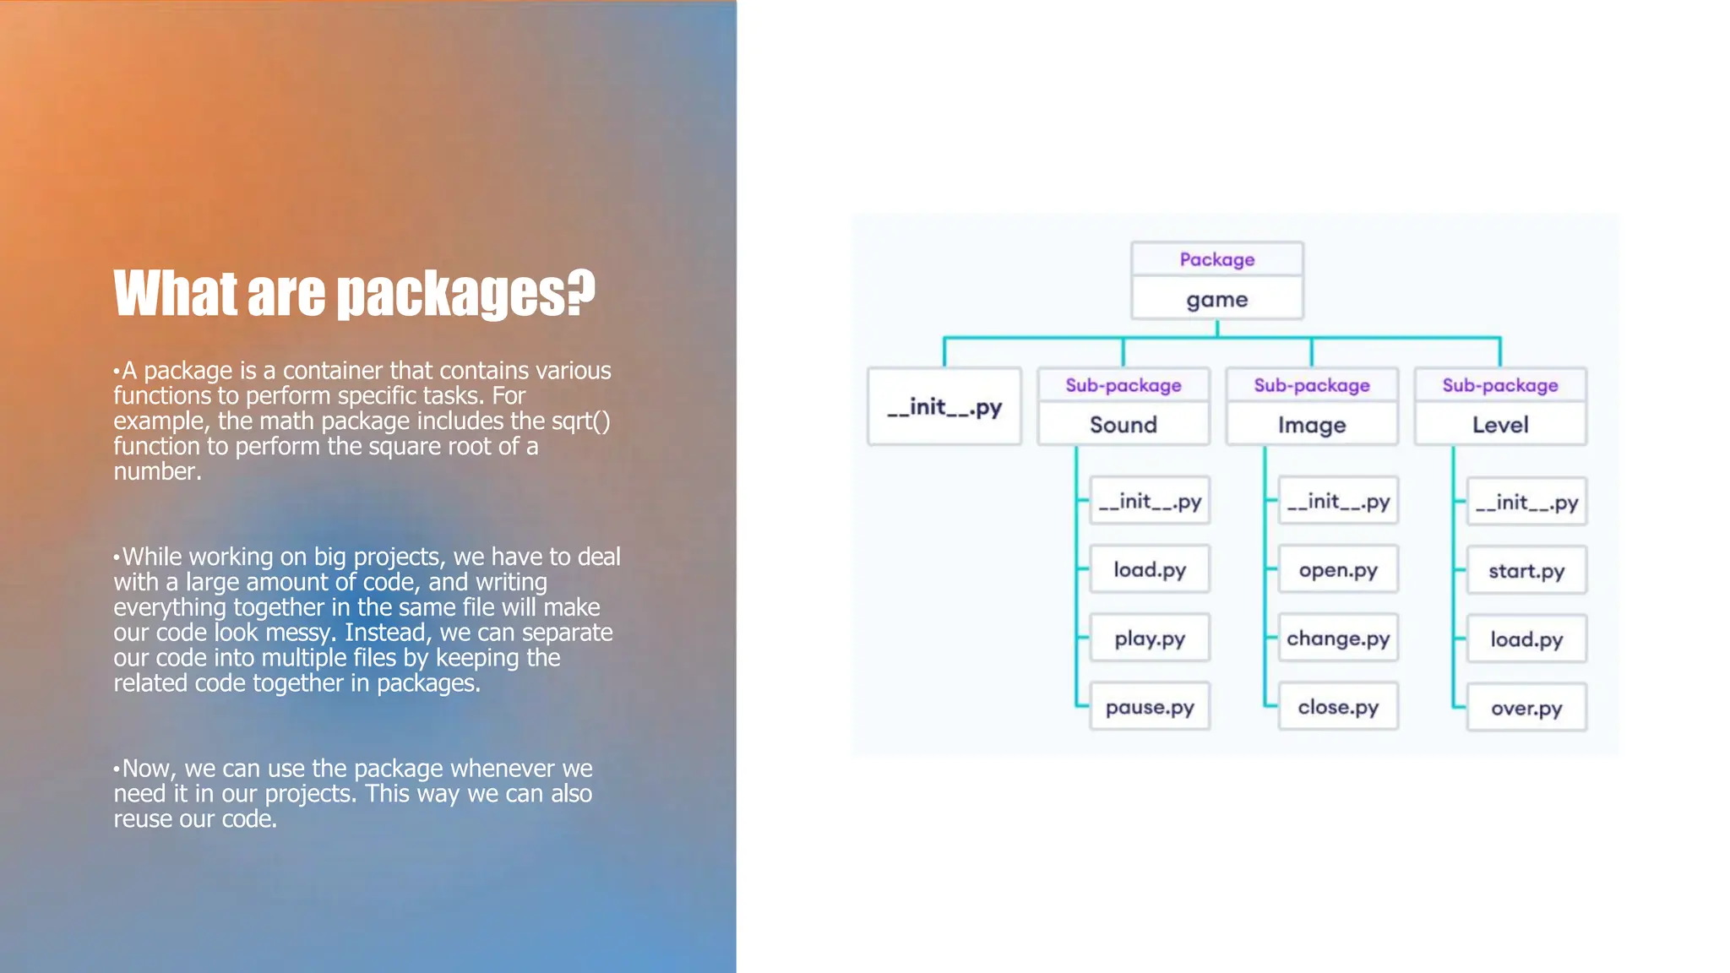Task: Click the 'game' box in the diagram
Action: (1216, 300)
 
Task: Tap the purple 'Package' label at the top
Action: (1216, 259)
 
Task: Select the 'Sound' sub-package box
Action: (1123, 425)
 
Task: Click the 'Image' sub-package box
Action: (1311, 425)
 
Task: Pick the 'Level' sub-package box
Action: (1500, 425)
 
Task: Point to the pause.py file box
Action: (1150, 707)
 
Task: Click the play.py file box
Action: (1150, 639)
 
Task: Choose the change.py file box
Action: (1338, 639)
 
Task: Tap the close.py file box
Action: (1338, 707)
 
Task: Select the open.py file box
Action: (1338, 570)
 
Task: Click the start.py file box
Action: (1526, 571)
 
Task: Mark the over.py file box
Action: (1526, 708)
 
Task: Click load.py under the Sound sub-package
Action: (1150, 570)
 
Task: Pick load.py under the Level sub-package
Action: (1526, 639)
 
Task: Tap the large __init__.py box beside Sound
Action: (944, 407)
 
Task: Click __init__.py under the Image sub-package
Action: (1338, 502)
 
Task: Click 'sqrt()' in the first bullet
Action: (580, 421)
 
